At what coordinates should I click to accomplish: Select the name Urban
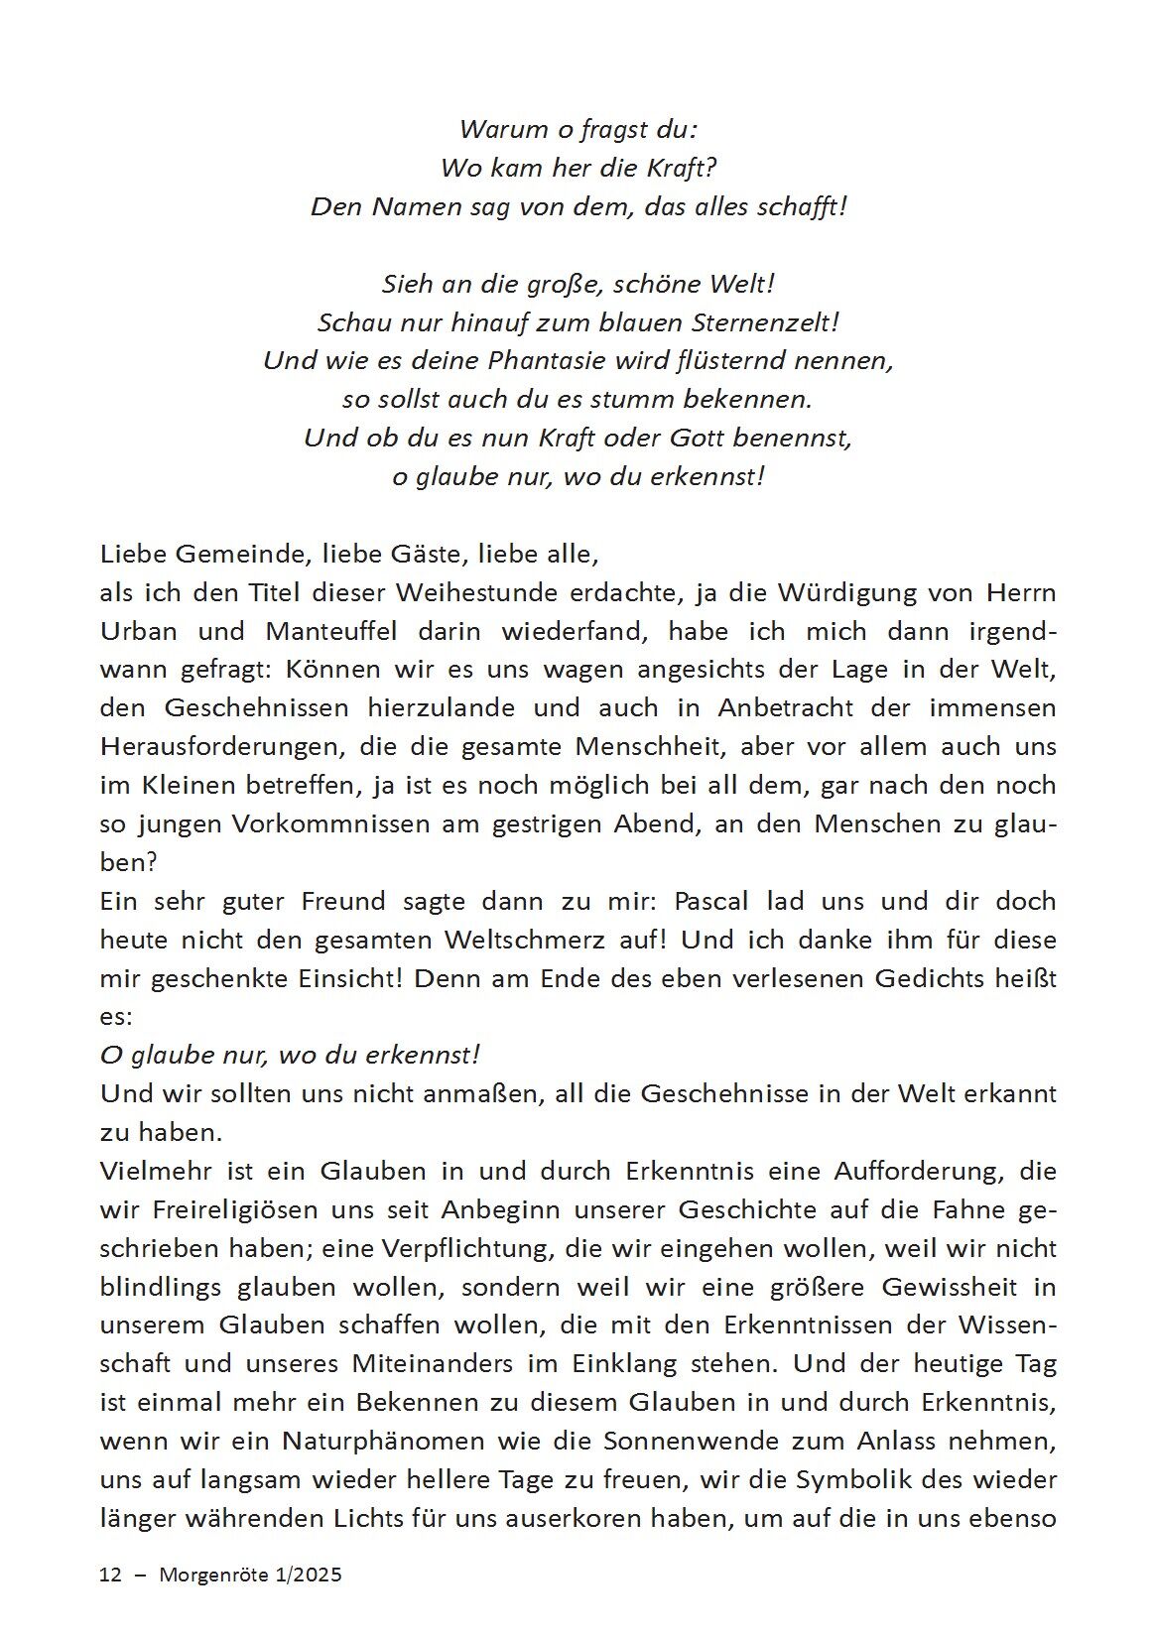pyautogui.click(x=139, y=632)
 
